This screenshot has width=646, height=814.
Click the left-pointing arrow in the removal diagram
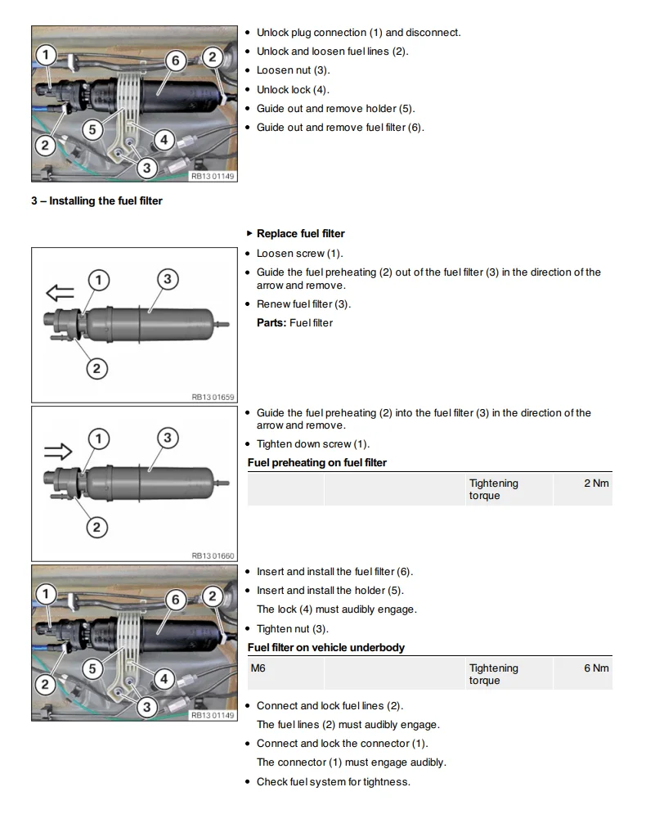pos(60,294)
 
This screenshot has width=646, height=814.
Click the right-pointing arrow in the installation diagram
pos(60,452)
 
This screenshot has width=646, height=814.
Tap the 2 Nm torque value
pos(596,483)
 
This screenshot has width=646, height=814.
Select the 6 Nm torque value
pos(596,668)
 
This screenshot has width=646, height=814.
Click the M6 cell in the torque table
pos(258,668)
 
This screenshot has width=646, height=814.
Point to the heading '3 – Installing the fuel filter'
pos(96,201)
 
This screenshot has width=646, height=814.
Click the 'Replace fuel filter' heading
pos(300,234)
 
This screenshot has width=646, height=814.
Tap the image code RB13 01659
pos(213,397)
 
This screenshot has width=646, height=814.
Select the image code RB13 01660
pos(213,556)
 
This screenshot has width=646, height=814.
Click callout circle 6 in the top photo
pos(174,60)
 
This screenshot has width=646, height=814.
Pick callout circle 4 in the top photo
pos(164,140)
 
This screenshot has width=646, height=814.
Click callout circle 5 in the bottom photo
pos(92,668)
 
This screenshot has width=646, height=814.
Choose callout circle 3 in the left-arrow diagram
pos(167,280)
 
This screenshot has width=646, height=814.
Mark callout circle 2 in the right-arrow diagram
pos(96,527)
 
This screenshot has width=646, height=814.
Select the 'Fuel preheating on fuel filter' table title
pos(317,463)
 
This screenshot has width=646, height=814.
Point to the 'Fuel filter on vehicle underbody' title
pos(326,648)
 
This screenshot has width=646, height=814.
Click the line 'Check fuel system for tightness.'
pos(333,782)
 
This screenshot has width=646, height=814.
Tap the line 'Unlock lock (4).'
pos(293,90)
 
